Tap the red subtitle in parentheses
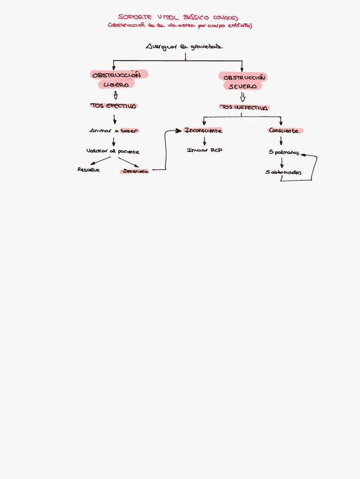coord(180,26)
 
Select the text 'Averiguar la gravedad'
coord(184,47)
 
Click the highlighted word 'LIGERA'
coord(116,84)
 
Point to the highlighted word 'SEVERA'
coord(242,86)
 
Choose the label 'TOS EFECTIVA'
coord(114,106)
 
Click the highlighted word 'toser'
coord(129,130)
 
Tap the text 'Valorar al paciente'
coord(113,151)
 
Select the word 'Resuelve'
coord(89,169)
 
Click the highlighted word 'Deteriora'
coord(135,171)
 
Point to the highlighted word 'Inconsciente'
coord(203,130)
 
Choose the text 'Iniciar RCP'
coord(205,150)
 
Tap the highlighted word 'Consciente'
coord(285,130)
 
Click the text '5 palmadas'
coord(284,152)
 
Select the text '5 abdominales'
coord(283,172)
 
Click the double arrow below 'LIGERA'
coord(115,95)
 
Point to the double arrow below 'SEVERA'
coord(242,97)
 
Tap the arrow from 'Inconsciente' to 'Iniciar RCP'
coord(204,140)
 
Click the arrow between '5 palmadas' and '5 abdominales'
coord(281,162)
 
